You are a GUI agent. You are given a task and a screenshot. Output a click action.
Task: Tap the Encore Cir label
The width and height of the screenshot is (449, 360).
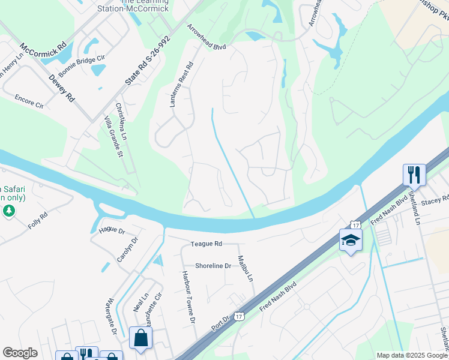(29, 100)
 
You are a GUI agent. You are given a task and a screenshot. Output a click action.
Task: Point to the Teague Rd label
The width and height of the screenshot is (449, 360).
(206, 244)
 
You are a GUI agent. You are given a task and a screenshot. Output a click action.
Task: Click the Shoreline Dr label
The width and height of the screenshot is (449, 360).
(212, 266)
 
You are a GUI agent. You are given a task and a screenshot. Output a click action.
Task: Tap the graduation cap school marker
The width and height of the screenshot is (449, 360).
(351, 240)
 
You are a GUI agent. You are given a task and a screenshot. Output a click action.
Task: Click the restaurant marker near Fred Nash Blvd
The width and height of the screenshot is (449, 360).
(414, 175)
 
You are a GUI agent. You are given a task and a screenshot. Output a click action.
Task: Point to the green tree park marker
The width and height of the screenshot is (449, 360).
(8, 210)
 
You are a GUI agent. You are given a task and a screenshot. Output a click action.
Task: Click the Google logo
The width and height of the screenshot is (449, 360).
(20, 353)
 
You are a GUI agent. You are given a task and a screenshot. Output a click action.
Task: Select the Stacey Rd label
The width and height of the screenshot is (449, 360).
(437, 199)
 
